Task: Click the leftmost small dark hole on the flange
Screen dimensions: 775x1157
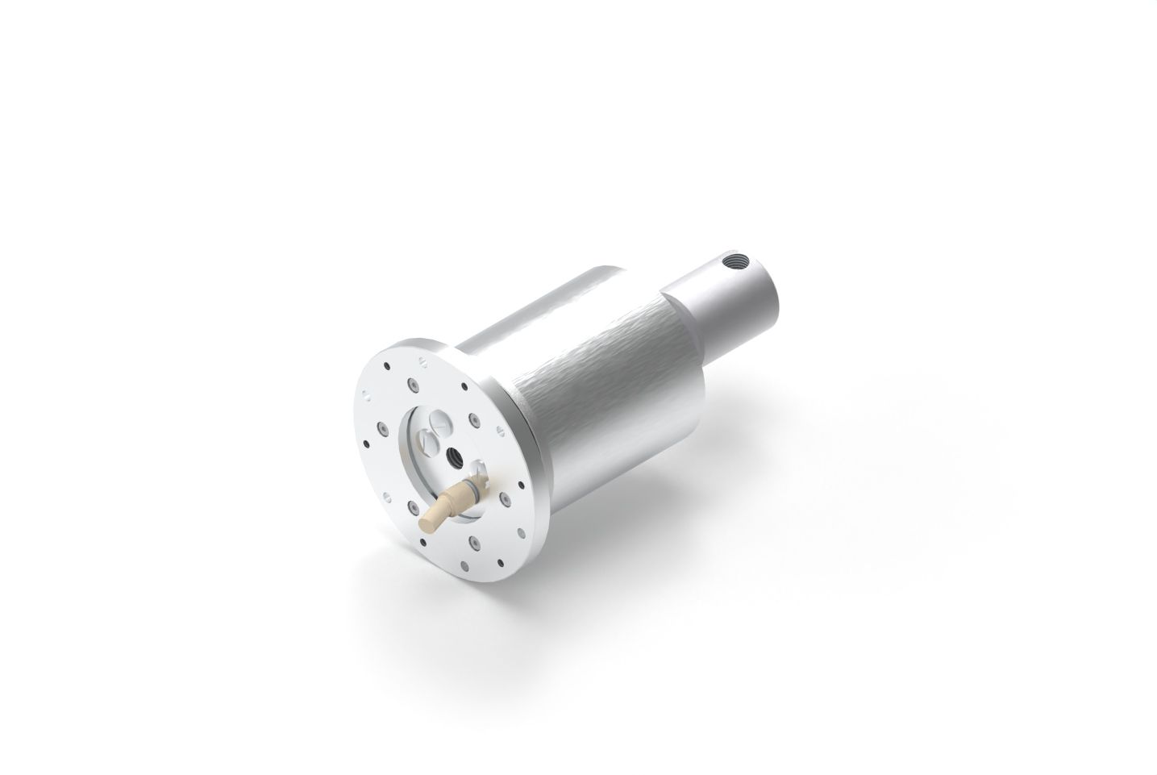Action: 366,440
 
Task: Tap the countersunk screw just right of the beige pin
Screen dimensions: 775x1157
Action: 502,500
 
